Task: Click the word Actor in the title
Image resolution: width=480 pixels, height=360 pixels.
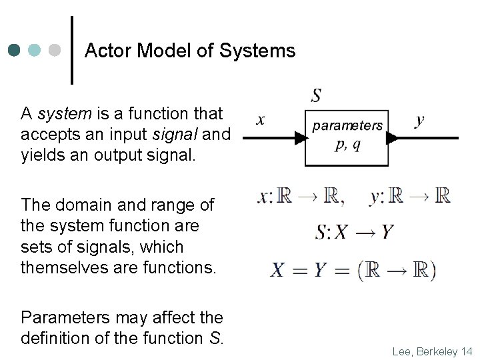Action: [x=107, y=51]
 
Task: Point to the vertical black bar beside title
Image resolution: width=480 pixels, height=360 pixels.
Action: [x=72, y=50]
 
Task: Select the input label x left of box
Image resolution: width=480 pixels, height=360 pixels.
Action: [x=261, y=121]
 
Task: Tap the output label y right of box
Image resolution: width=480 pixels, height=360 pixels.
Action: [x=419, y=121]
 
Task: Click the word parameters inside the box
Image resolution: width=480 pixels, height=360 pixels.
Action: [x=347, y=125]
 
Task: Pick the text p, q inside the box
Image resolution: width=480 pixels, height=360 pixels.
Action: [x=347, y=145]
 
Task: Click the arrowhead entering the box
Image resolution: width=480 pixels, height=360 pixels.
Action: [x=300, y=138]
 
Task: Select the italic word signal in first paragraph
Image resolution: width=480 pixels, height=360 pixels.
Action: [x=175, y=135]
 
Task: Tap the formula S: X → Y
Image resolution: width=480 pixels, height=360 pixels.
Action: [x=354, y=232]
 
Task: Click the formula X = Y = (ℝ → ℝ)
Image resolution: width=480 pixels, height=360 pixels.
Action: [x=353, y=270]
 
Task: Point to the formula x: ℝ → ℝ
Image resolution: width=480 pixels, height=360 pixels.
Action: [x=301, y=197]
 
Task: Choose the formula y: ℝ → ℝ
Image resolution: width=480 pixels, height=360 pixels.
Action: [x=409, y=197]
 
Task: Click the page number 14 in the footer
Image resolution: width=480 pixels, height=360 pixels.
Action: [x=465, y=351]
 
